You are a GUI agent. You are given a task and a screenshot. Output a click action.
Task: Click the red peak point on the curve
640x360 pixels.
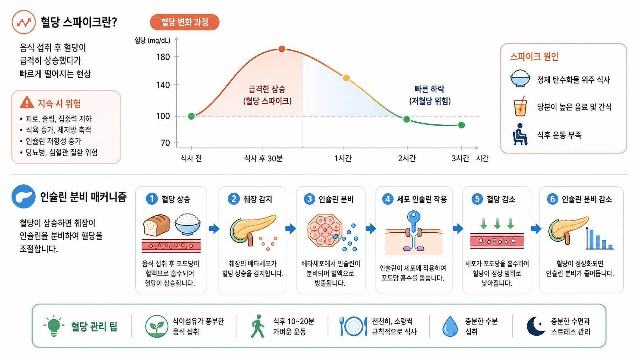[282, 49]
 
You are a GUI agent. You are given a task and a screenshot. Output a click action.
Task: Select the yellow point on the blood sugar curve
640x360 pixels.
[346, 78]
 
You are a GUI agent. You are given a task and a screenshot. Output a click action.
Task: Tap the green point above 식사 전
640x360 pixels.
[192, 116]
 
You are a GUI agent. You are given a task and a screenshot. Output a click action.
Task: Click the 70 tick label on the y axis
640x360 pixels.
[165, 142]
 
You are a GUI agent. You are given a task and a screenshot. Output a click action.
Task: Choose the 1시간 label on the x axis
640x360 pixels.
[343, 158]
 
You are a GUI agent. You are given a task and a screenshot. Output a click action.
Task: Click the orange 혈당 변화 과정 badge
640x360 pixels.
[184, 22]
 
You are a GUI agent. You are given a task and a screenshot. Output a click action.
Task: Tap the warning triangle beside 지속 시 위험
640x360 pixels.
[27, 102]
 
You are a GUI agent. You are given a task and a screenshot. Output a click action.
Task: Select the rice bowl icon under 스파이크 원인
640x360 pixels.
[520, 78]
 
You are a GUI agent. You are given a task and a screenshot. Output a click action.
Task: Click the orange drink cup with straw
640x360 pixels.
[520, 106]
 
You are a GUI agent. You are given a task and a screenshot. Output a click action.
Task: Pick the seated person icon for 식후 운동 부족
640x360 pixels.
[520, 134]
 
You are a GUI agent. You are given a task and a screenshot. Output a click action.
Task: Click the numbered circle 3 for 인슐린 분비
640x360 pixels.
[310, 199]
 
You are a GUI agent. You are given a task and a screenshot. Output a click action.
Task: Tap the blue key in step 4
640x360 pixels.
[414, 221]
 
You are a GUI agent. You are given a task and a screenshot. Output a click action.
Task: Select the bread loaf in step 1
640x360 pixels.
[156, 225]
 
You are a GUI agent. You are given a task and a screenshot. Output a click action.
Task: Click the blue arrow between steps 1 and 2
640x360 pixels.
[214, 228]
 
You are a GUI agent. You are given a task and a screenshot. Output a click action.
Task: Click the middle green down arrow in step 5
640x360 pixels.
[497, 223]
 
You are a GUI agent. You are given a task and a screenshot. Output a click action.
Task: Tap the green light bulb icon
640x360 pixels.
[54, 326]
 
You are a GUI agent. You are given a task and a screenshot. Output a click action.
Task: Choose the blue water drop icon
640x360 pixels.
[450, 326]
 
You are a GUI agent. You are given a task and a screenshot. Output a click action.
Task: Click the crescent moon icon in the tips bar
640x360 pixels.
[535, 326]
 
